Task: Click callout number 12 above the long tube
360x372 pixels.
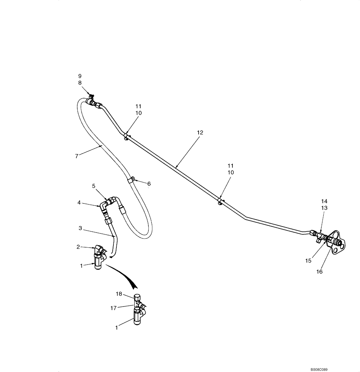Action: tap(200, 132)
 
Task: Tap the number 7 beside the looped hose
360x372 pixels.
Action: tap(76, 156)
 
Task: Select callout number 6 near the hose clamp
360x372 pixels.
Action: tap(149, 183)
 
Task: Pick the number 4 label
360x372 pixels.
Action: tap(79, 203)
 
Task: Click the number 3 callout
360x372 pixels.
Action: tap(80, 228)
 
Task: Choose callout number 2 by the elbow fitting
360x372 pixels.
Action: tap(78, 246)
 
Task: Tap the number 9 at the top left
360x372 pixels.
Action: tap(80, 76)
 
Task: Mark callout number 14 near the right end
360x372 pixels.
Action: tap(324, 201)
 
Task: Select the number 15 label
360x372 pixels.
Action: tap(308, 261)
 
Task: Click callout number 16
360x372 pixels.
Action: tap(319, 272)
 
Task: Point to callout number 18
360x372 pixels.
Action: tap(119, 294)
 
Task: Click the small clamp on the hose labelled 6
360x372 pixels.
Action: tap(131, 180)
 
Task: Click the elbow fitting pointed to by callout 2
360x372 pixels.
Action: tap(99, 250)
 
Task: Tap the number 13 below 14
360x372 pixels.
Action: tap(324, 208)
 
